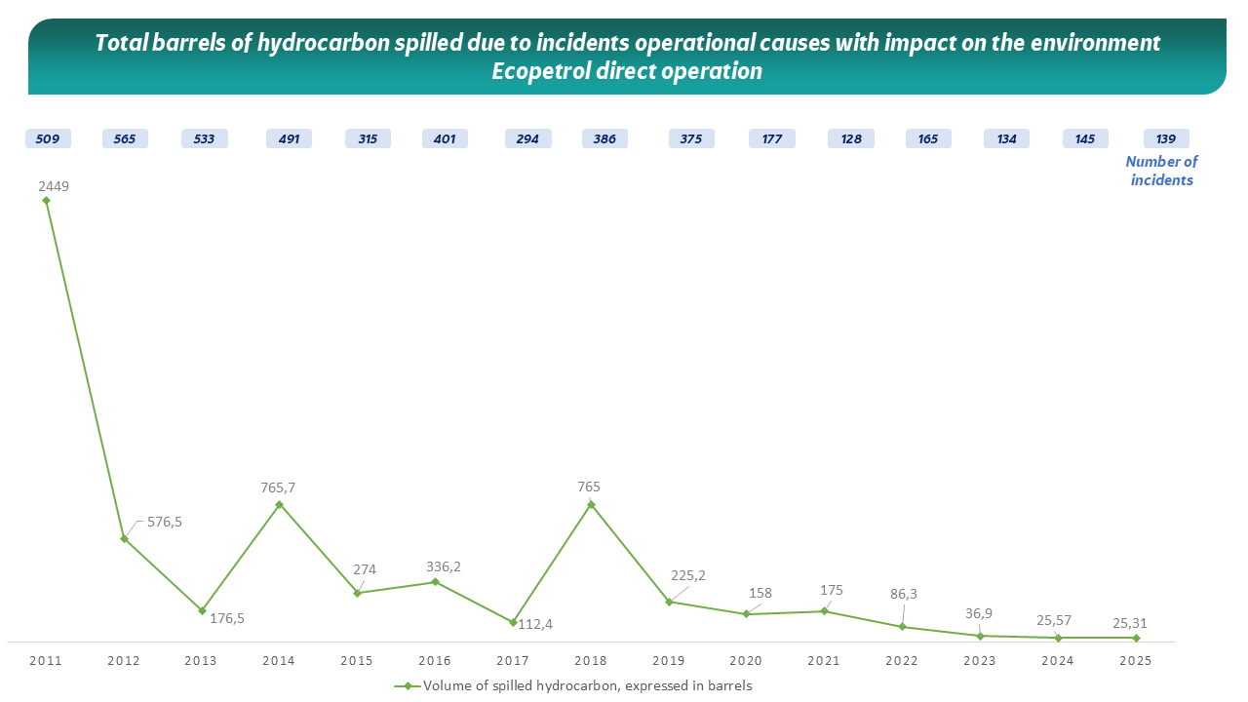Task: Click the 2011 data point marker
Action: (x=46, y=200)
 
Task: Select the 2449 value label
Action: (x=54, y=185)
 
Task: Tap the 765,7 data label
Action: (x=279, y=487)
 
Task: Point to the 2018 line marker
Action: (x=591, y=504)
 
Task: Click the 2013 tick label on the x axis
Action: (x=201, y=661)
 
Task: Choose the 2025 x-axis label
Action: (x=1136, y=661)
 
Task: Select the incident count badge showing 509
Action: (x=47, y=138)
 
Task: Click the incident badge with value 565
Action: (x=125, y=138)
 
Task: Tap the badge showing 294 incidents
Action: (x=527, y=138)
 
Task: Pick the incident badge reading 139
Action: (x=1166, y=138)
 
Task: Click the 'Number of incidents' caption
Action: (x=1161, y=171)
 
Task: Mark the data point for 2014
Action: (x=279, y=504)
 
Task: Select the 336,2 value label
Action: (x=444, y=566)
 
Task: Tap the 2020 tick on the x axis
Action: (x=746, y=661)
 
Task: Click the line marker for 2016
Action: (x=435, y=582)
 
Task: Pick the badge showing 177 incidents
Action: (x=772, y=138)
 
